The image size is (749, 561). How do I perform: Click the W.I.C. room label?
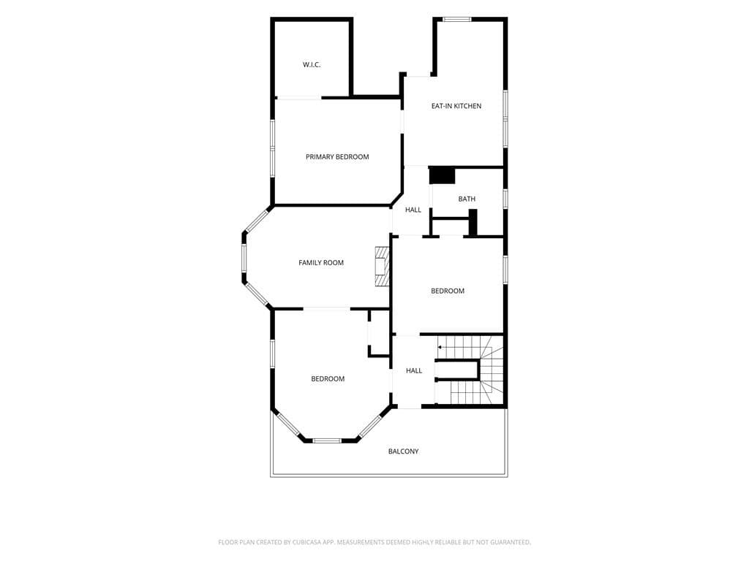coord(312,65)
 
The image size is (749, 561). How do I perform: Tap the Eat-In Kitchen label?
coord(456,106)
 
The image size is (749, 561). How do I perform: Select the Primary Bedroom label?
coord(337,157)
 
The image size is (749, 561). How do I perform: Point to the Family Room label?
coord(321,263)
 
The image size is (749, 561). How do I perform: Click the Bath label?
coord(467,199)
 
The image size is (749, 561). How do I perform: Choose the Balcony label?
coord(403,451)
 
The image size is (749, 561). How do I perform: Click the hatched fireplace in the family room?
coord(382,266)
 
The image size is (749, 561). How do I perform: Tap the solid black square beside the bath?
coord(442,175)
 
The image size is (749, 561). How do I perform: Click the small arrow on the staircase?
coord(440,347)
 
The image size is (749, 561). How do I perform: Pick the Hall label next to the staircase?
coord(414,370)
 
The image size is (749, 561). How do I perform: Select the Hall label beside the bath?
coord(413,210)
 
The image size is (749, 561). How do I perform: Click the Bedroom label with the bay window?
coord(328,379)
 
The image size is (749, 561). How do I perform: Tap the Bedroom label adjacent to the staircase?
coord(448,291)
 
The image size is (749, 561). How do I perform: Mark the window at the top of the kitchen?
coord(457,20)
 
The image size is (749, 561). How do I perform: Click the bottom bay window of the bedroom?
coord(327,440)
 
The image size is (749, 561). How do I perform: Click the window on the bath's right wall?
coord(505,199)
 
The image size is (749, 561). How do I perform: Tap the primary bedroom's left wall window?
coord(273,148)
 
